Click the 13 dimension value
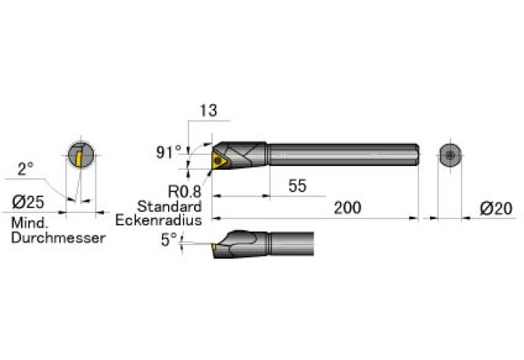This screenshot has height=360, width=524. click(208, 110)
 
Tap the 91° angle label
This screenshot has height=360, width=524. click(168, 152)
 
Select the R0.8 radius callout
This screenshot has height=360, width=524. click(185, 192)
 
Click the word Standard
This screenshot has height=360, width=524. click(170, 207)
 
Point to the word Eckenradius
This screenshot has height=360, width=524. click(159, 220)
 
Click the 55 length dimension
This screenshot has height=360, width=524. click(297, 185)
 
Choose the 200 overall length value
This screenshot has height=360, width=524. click(347, 207)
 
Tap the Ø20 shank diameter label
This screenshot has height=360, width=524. click(496, 209)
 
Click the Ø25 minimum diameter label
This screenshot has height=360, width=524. click(28, 202)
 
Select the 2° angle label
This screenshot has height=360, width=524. click(25, 169)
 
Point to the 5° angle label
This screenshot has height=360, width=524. click(169, 240)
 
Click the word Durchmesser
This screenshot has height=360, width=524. click(59, 238)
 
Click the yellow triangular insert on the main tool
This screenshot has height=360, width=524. click(219, 160)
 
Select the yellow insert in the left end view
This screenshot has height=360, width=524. click(79, 159)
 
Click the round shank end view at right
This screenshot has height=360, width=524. click(450, 155)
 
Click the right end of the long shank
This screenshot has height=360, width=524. click(418, 155)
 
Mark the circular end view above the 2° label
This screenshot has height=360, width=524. click(81, 155)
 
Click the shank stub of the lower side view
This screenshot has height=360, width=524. click(291, 243)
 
